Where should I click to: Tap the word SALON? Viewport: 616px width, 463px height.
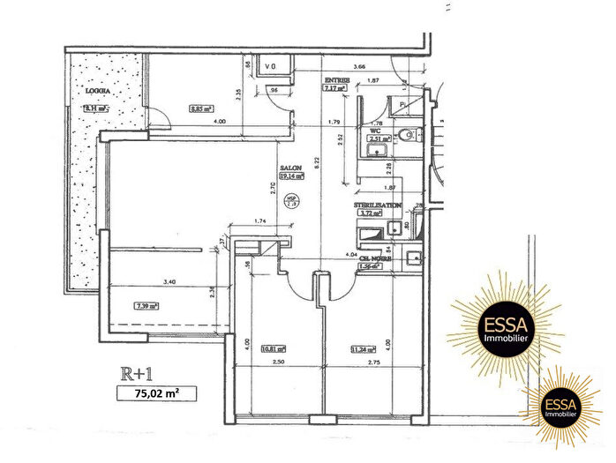coord(290,167)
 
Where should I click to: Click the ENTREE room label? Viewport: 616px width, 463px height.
coord(336,80)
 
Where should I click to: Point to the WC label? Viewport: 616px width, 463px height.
coord(374,130)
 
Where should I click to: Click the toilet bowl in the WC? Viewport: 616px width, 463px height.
coord(408,135)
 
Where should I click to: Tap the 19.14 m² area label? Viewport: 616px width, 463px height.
coord(291,175)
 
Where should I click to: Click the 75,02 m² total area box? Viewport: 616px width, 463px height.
coord(157,394)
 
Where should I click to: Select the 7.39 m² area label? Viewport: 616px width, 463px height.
coord(146,307)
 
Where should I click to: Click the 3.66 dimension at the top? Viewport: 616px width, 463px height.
coord(358,67)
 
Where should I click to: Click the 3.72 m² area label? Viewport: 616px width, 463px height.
coord(368,213)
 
